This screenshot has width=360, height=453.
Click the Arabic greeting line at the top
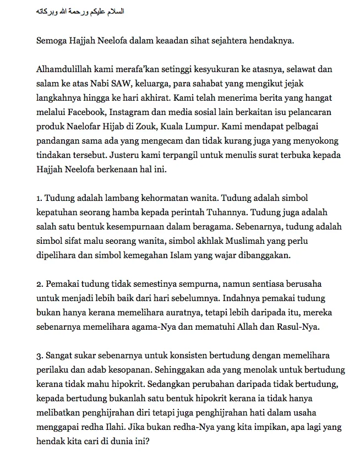coord(80,11)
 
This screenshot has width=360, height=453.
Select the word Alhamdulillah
coord(66,70)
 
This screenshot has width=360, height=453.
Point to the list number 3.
coord(39,356)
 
